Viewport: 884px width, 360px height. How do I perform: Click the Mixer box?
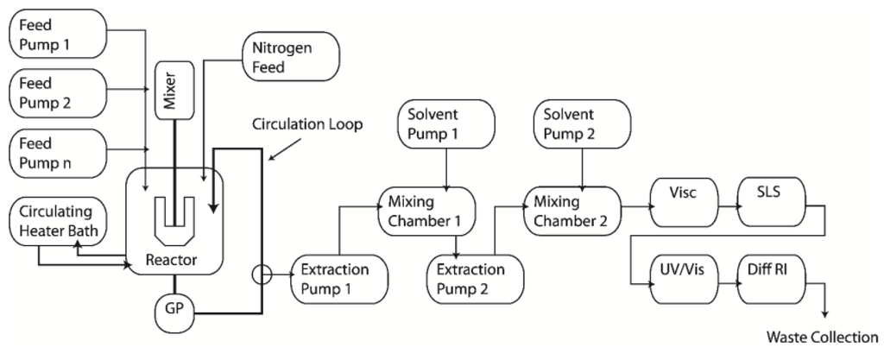170,91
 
